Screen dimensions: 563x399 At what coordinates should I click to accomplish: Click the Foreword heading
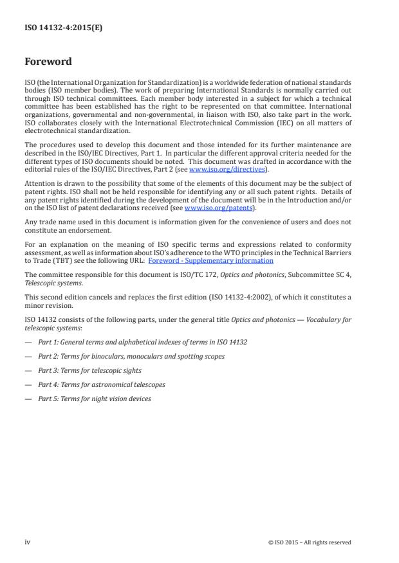coord(48,62)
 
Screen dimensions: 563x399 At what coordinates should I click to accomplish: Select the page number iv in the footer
coord(28,542)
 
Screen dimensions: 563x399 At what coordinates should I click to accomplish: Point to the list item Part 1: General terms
coord(142,342)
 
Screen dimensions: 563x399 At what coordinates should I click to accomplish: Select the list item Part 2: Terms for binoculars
coord(131,356)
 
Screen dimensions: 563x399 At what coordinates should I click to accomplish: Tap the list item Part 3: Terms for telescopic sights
coord(89,370)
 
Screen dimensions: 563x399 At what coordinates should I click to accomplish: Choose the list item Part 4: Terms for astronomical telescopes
coord(101,384)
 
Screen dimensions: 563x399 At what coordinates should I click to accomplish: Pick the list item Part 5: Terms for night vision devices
coord(95,398)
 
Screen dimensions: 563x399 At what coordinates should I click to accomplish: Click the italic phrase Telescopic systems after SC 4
coord(53,282)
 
